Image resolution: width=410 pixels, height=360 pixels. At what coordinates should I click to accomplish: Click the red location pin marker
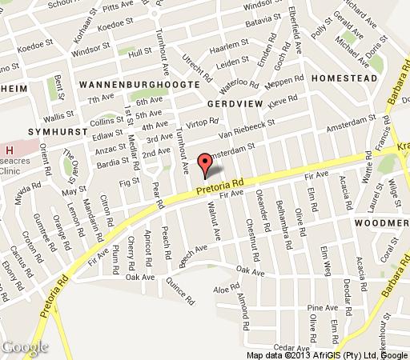207,163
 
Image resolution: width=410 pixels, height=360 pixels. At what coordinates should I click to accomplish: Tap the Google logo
25,347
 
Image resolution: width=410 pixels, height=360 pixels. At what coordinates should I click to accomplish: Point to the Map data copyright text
326,354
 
